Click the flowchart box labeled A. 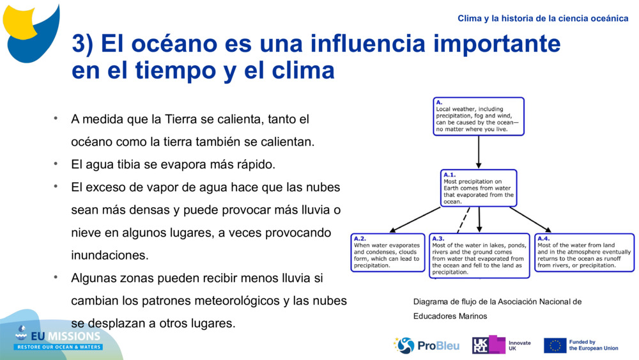click(x=479, y=116)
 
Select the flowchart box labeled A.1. click(x=479, y=188)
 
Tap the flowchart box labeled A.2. click(x=388, y=253)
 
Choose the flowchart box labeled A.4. click(x=584, y=253)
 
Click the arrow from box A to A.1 click(x=479, y=152)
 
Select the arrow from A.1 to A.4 click(x=530, y=219)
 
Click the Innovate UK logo click(x=501, y=345)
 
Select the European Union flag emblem click(x=555, y=345)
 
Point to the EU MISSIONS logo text click(x=59, y=336)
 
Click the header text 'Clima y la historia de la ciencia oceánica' click(x=543, y=19)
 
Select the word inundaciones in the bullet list click(x=110, y=255)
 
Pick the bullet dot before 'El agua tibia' click(x=56, y=164)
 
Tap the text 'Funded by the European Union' click(x=594, y=345)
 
